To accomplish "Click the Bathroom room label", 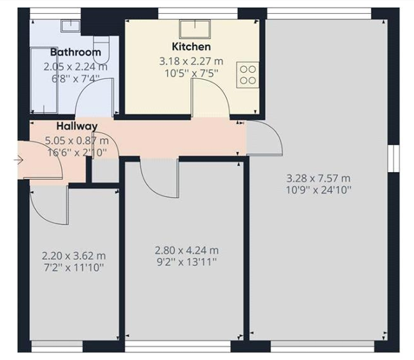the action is click(76, 52).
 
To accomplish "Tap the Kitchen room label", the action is click(191, 46).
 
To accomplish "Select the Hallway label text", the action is click(77, 126).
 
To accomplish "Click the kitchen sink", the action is click(195, 29).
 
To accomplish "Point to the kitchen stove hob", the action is click(248, 75).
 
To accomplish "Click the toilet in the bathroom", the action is click(101, 49).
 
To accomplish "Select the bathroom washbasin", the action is click(71, 26).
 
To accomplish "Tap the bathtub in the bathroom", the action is click(44, 80).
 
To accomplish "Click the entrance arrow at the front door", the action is click(19, 160).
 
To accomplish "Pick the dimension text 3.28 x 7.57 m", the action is click(318, 178).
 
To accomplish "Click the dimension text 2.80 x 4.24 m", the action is click(187, 250).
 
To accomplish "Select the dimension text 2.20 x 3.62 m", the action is click(74, 256).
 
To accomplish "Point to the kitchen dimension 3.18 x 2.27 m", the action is click(191, 61).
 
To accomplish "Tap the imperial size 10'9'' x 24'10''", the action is click(319, 190).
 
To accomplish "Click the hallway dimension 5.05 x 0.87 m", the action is click(76, 141).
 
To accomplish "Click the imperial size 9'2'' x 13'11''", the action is click(187, 262).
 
